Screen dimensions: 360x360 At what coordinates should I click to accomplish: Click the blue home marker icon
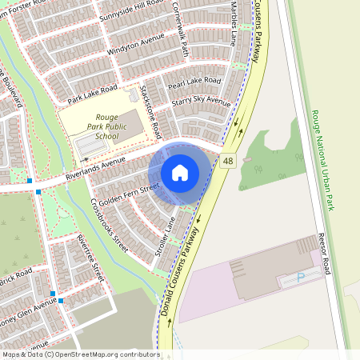pyautogui.click(x=180, y=172)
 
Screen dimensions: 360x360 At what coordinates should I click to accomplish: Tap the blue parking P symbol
pyautogui.click(x=301, y=278)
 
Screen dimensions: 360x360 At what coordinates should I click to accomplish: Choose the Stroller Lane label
pyautogui.click(x=164, y=238)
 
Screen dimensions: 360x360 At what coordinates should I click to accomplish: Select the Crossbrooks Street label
pyautogui.click(x=110, y=225)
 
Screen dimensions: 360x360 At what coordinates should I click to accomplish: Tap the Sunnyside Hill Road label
pyautogui.click(x=131, y=12)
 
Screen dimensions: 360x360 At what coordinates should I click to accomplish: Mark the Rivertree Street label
pyautogui.click(x=90, y=257)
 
